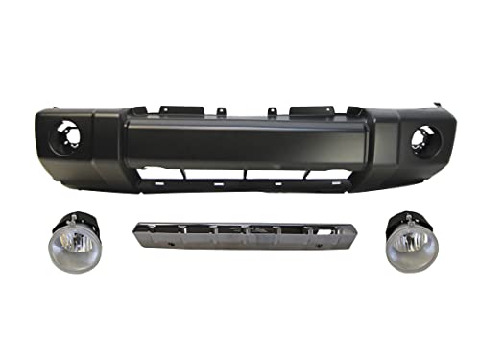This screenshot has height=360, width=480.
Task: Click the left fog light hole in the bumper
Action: click(x=66, y=136)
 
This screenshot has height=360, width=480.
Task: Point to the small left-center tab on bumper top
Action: click(x=220, y=112)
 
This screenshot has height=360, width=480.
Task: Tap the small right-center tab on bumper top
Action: click(x=273, y=113)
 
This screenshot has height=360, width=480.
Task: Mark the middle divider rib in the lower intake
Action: click(x=247, y=176)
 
